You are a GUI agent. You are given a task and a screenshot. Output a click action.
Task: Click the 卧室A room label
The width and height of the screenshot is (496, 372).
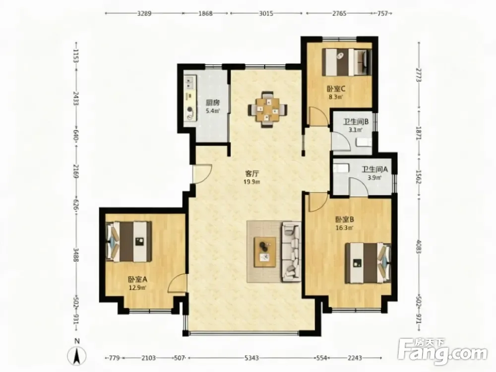[137, 280]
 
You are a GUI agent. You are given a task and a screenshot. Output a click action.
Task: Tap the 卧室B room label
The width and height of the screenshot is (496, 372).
[345, 219]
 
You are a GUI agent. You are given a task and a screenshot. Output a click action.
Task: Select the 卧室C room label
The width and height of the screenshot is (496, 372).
[336, 89]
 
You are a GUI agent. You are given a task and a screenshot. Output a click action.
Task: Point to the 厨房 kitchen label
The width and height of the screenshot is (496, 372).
[213, 103]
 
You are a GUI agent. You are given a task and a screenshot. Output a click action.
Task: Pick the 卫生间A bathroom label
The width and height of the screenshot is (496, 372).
[374, 169]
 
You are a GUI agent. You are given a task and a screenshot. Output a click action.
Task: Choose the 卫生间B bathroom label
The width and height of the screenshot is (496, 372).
[356, 122]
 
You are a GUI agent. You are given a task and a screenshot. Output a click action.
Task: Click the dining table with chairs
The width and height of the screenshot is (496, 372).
[268, 110]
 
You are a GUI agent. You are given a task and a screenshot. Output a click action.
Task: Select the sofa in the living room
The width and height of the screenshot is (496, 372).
[291, 251]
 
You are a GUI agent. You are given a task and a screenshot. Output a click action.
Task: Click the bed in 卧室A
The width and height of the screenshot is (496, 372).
[129, 242]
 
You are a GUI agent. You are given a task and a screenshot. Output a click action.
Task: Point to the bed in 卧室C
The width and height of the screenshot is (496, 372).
[347, 62]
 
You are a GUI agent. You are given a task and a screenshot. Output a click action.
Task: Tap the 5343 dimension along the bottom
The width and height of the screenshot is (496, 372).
[251, 358]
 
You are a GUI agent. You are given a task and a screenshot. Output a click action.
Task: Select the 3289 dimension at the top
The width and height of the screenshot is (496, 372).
[144, 13]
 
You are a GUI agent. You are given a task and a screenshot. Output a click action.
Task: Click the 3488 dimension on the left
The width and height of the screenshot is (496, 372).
[76, 254]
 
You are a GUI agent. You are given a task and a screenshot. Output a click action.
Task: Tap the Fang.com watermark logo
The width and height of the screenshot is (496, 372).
[442, 351]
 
